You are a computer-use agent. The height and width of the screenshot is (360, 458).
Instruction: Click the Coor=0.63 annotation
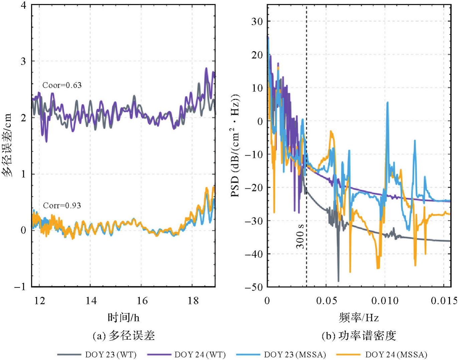tap(62, 85)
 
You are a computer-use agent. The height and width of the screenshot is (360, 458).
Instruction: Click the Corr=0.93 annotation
tap(62, 205)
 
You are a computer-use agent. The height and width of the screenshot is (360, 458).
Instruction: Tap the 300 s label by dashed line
tap(300, 236)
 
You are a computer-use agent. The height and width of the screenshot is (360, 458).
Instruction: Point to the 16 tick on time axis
tap(142, 301)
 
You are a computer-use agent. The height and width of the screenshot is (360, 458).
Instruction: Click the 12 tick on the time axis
tap(39, 301)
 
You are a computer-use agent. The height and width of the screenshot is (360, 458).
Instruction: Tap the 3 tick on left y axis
tap(23, 61)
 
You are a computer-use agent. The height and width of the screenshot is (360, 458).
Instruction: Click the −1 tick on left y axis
tap(20, 287)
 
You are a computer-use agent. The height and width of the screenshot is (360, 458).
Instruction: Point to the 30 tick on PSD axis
tap(257, 21)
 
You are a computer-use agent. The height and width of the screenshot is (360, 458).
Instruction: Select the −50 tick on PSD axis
tap(254, 287)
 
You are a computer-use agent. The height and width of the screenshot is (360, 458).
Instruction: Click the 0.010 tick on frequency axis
tap(385, 301)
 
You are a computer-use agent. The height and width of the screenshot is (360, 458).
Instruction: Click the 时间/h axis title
tap(123, 317)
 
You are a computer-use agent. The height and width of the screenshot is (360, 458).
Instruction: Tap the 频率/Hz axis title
tap(359, 317)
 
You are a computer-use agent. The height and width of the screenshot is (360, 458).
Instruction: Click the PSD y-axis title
tap(236, 145)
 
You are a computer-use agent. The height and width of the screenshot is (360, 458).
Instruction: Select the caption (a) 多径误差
tap(124, 336)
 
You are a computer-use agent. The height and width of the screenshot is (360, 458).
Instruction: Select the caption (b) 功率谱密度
tap(359, 336)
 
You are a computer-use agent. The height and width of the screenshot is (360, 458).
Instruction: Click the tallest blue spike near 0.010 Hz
tap(387, 103)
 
